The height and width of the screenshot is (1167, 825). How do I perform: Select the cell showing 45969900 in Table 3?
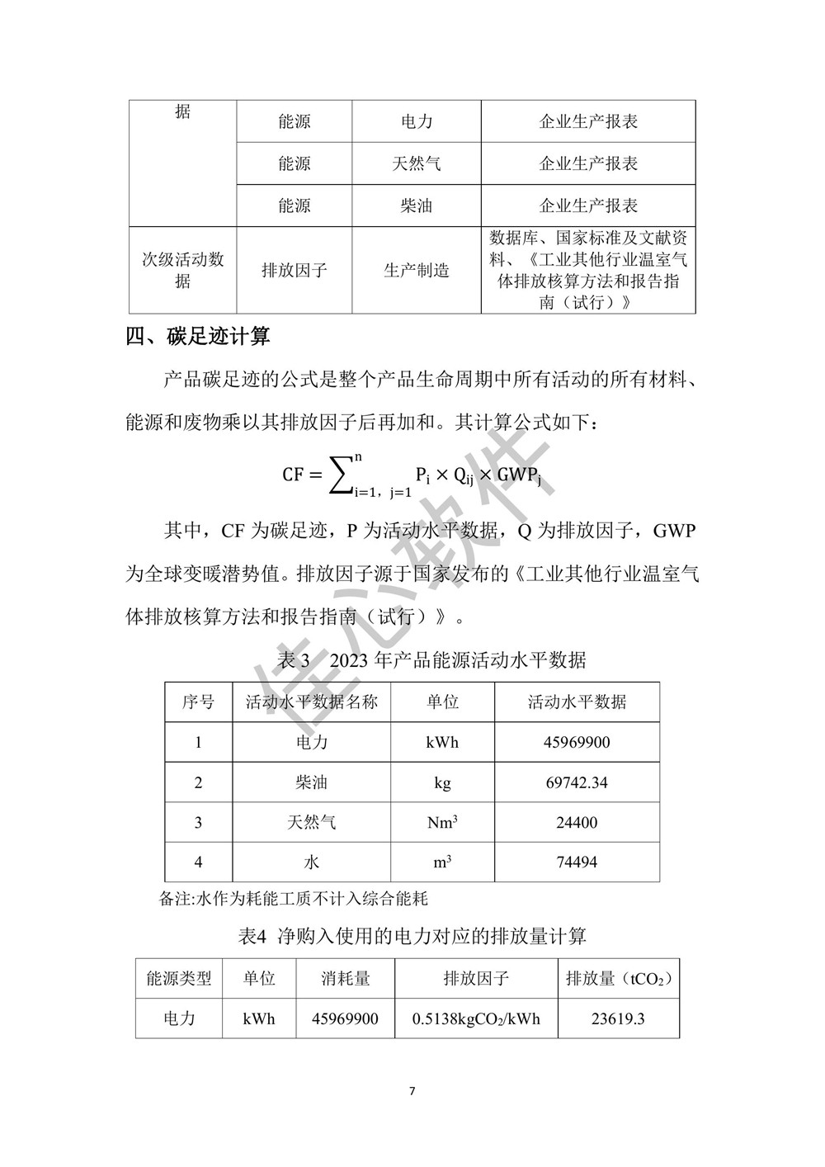tap(577, 742)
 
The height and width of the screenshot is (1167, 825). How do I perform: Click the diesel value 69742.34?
tap(577, 782)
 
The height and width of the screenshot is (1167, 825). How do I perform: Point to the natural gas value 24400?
tap(577, 822)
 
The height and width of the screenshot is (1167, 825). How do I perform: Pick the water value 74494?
tap(577, 862)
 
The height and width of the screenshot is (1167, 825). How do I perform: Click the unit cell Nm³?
tap(442, 822)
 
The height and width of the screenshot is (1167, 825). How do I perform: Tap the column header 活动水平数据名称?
tap(312, 702)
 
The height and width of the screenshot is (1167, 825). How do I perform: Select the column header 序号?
tap(198, 702)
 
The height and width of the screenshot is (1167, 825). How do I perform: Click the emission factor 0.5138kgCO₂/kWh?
tap(476, 1018)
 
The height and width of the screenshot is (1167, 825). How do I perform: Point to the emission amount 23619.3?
tap(618, 1018)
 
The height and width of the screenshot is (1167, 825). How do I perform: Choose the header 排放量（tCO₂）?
tap(618, 979)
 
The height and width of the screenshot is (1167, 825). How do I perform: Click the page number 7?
tap(412, 1091)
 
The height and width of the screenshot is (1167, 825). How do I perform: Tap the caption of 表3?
tap(432, 660)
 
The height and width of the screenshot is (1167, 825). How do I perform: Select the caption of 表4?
tap(412, 936)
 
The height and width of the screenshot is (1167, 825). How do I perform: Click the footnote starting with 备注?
tap(293, 898)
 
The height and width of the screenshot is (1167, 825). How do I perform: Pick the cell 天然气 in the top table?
tap(417, 163)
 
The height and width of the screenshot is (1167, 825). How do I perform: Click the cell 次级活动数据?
tap(182, 270)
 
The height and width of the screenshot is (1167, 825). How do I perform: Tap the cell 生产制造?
tap(417, 270)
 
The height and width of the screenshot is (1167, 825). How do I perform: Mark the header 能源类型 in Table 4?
tap(179, 979)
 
